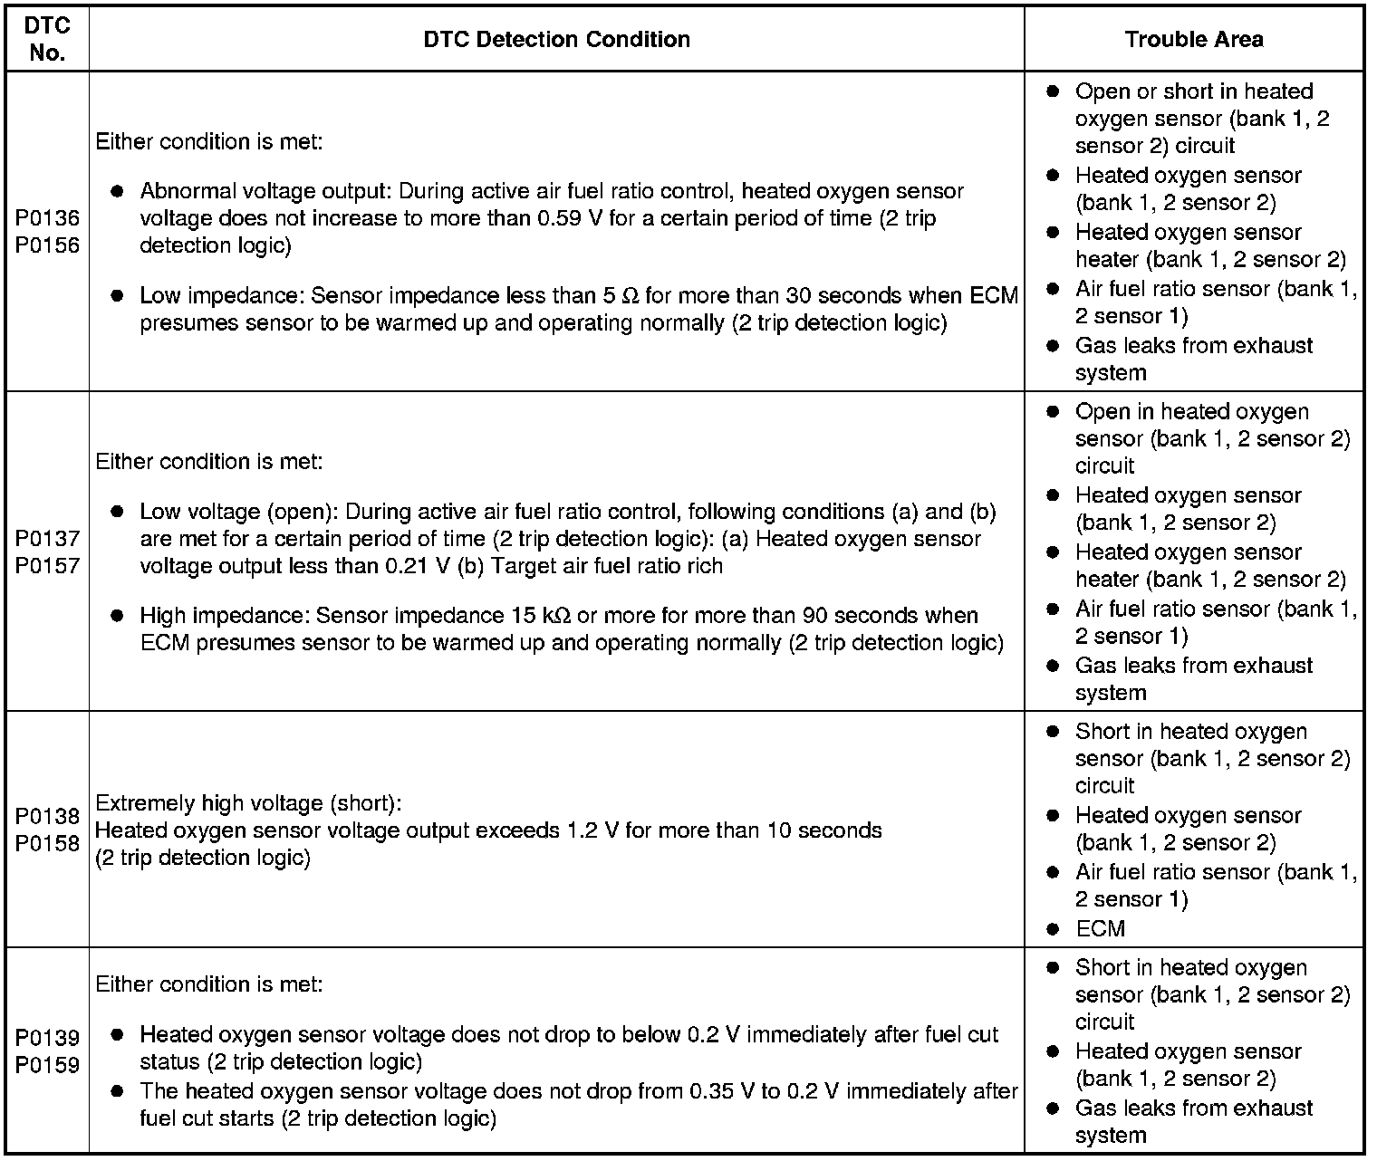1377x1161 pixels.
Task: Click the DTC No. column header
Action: click(x=47, y=39)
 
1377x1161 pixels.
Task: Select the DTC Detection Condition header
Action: click(x=556, y=39)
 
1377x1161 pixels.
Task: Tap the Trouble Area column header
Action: click(x=1193, y=39)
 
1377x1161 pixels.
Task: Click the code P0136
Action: click(x=47, y=218)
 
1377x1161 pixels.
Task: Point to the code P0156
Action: click(x=47, y=245)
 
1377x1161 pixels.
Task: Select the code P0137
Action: click(x=47, y=538)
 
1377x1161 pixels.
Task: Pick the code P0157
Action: click(x=47, y=565)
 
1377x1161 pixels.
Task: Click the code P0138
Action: click(x=47, y=816)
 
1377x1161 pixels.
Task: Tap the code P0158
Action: click(x=47, y=843)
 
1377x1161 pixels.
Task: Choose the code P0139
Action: click(x=47, y=1037)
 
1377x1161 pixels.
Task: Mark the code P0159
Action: click(x=47, y=1064)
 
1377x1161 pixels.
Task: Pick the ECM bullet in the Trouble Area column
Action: click(x=1100, y=928)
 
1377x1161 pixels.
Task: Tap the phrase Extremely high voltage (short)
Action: click(x=247, y=803)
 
